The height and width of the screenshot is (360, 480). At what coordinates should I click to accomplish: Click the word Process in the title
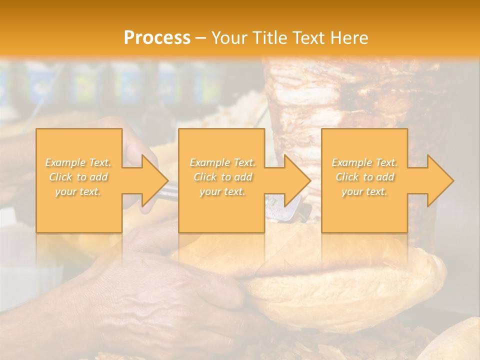pos(157,37)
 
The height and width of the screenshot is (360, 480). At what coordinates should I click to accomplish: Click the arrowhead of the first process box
pos(154,180)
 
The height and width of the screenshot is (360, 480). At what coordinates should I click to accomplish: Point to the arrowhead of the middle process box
pos(297,180)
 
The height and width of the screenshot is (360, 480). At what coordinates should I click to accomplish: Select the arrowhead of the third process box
pos(440,180)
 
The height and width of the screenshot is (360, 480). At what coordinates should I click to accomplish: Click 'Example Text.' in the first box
pos(78,162)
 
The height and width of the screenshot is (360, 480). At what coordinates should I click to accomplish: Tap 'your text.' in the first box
pos(78,191)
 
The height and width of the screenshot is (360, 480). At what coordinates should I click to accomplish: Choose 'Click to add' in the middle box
pos(222,177)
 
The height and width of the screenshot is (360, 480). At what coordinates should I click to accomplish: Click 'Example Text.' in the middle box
pos(222,162)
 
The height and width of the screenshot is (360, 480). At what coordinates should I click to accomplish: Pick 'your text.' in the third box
pos(364,191)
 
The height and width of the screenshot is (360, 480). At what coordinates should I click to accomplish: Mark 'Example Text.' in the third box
pos(364,162)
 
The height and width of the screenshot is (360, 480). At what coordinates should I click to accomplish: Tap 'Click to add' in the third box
pos(364,177)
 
